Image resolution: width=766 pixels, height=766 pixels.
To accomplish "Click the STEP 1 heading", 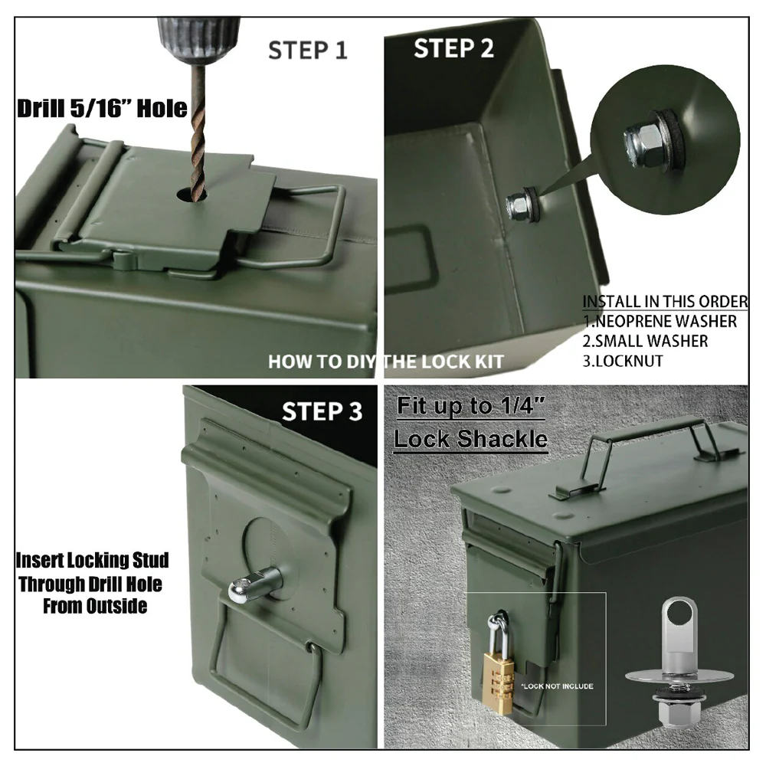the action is pos(308,51).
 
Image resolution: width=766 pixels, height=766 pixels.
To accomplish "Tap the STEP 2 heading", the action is pos(453,48).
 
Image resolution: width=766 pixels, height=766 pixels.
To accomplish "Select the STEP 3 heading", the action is pos(322,411).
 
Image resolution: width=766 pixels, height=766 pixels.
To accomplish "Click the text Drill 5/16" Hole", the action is pos(102,108).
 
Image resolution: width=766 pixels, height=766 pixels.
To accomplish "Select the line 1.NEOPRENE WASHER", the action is pos(660,322).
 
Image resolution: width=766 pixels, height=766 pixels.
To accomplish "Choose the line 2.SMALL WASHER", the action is pos(645,341).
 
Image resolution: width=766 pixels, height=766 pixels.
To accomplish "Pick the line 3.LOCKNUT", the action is pos(623,361).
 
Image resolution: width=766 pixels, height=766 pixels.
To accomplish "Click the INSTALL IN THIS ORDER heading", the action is pos(665,301).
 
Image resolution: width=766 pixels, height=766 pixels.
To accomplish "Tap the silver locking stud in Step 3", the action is pos(254,582).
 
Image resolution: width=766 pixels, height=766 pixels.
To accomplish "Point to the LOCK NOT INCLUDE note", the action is pos(558,686).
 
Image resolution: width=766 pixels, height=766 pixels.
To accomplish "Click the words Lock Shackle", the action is pos(470,439).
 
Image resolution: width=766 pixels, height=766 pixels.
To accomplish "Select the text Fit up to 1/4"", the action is pos(470,405).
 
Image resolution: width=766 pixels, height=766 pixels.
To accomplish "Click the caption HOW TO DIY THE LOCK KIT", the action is pos(386,362).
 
